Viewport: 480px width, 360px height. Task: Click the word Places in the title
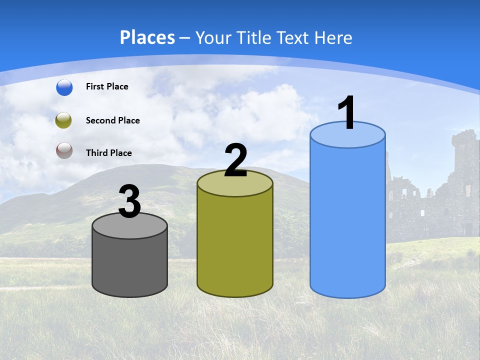pos(147,37)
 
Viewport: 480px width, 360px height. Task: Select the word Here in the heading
pos(333,37)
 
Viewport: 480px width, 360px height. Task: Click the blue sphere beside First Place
pos(64,87)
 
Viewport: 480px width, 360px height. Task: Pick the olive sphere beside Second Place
pos(64,120)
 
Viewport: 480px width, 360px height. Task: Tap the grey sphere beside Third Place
pos(64,151)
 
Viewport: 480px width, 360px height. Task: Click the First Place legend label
pos(107,86)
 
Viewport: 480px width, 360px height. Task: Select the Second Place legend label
pos(113,120)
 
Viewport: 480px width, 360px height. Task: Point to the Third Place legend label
pos(109,153)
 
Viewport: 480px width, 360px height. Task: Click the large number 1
pos(347,113)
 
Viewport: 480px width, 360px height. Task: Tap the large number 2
pos(235,160)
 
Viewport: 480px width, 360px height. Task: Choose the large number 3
pos(129,202)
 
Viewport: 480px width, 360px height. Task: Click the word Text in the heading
pos(295,37)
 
